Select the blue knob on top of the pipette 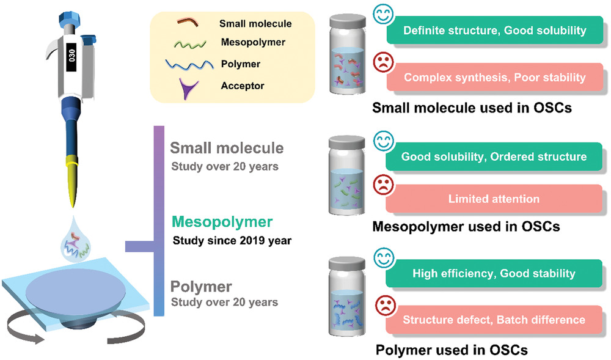(x=70, y=19)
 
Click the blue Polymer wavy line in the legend (x=189, y=64)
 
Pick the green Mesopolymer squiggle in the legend (x=190, y=44)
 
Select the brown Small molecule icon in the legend (x=188, y=22)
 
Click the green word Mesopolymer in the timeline (x=222, y=222)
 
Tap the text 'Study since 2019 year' (x=232, y=240)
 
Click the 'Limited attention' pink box (x=494, y=199)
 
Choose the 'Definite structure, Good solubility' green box (x=494, y=30)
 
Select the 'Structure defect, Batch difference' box (x=494, y=320)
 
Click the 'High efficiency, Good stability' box (x=494, y=273)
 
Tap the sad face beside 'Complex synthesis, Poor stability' (x=384, y=62)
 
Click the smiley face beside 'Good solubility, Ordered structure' (x=384, y=141)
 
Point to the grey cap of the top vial (x=348, y=21)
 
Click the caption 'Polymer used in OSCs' (x=452, y=350)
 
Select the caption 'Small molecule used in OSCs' (x=472, y=108)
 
